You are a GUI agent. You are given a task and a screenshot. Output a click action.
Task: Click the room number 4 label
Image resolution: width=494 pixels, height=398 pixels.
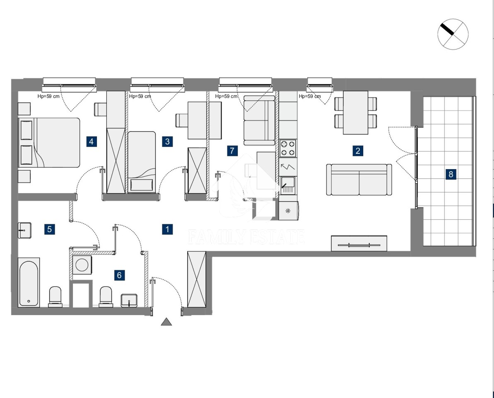tap(92, 142)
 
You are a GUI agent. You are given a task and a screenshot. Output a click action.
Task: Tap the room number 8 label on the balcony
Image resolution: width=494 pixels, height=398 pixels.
tap(451, 174)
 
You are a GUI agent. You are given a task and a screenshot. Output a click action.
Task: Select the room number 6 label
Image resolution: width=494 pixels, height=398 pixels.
tap(119, 275)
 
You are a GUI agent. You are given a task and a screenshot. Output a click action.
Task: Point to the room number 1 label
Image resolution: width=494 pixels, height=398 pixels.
tap(167, 229)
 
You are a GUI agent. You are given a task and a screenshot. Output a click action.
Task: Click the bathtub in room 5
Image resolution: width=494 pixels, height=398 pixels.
tap(29, 283)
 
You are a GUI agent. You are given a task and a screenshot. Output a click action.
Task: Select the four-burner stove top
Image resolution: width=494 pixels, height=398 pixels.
tap(288, 148)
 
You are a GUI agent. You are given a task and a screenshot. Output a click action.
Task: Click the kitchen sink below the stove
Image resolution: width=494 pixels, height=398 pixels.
tap(288, 185)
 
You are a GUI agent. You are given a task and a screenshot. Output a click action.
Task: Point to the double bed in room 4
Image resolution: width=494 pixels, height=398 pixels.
tap(49, 143)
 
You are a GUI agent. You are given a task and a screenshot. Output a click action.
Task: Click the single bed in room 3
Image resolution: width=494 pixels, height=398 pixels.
tap(142, 162)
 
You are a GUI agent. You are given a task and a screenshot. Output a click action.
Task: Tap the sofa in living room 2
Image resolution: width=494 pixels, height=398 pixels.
tap(359, 180)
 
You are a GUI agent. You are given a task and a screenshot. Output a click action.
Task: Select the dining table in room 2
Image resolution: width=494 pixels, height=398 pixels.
tap(356, 113)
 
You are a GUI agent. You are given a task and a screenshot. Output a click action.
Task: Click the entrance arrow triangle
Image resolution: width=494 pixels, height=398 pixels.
tap(166, 322)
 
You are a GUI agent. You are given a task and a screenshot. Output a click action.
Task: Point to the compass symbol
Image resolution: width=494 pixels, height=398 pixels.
tap(453, 34)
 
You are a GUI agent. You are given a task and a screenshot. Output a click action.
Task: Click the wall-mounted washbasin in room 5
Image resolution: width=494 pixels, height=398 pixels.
tap(24, 230)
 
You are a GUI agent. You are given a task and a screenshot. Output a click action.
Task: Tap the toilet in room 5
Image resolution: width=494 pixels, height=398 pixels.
tap(55, 296)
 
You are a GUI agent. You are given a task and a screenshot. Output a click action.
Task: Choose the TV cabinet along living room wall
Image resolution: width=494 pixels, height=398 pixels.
tap(359, 243)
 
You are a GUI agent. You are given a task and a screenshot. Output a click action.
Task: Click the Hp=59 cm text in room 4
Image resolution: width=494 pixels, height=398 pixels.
tap(48, 96)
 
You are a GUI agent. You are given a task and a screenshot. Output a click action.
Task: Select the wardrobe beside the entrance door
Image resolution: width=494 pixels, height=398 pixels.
tap(197, 279)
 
